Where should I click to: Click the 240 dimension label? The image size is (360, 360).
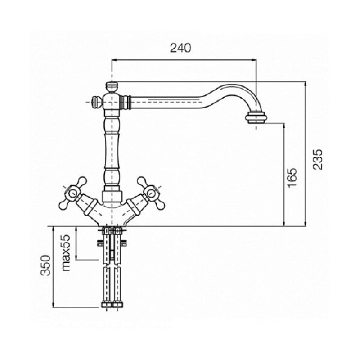coord(180,48)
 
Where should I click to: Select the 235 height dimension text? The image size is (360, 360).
coord(318,159)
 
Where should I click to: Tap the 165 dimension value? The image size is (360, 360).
coord(292,177)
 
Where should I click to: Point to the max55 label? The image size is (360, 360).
coord(66,253)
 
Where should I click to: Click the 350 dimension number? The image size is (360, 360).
coord(45,265)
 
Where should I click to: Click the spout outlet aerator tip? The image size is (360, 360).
coord(256,117)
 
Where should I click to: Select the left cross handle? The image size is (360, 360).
coord(73,193)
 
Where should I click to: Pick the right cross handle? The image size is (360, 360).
coord(151,193)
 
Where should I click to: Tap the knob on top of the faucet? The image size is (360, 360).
coord(112,87)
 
